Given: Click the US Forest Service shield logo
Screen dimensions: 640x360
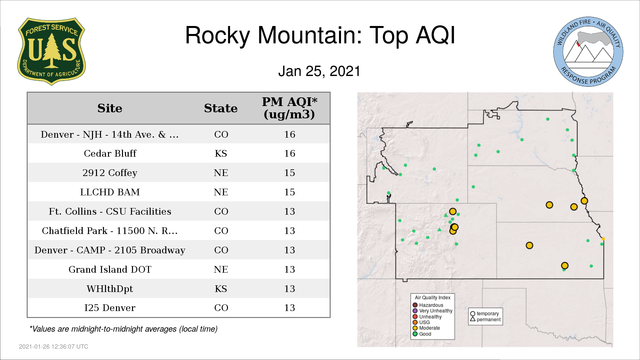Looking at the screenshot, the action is [x=51, y=52].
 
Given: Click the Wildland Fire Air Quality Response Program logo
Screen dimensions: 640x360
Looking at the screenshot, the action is [x=588, y=52].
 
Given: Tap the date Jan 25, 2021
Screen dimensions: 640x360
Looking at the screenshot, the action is [x=319, y=71].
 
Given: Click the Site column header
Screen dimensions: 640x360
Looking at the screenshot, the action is [x=110, y=108].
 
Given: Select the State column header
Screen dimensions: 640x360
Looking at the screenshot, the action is [x=221, y=108].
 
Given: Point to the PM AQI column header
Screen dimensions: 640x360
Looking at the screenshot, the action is [x=289, y=108].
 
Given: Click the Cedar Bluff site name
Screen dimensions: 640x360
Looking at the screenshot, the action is [x=110, y=153].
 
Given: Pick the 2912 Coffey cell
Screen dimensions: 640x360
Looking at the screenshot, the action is [x=110, y=173].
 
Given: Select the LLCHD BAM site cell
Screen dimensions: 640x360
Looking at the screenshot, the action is [x=110, y=192].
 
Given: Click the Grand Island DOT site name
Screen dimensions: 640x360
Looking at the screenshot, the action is [x=110, y=269].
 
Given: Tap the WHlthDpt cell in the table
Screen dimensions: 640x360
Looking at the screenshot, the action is [x=110, y=289].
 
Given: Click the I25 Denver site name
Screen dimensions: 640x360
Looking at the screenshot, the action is [x=110, y=308].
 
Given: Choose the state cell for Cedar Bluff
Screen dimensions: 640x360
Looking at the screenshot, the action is [x=221, y=153].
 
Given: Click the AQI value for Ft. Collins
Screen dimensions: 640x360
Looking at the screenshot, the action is [x=290, y=211].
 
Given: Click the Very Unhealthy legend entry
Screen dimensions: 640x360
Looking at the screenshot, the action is [x=433, y=311].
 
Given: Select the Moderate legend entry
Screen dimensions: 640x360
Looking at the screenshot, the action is [x=426, y=328].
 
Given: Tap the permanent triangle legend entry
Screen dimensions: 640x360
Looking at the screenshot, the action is [x=485, y=319].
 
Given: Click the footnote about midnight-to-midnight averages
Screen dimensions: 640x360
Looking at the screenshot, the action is [x=123, y=329].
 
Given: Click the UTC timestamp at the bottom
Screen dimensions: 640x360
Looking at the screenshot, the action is [x=54, y=347].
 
